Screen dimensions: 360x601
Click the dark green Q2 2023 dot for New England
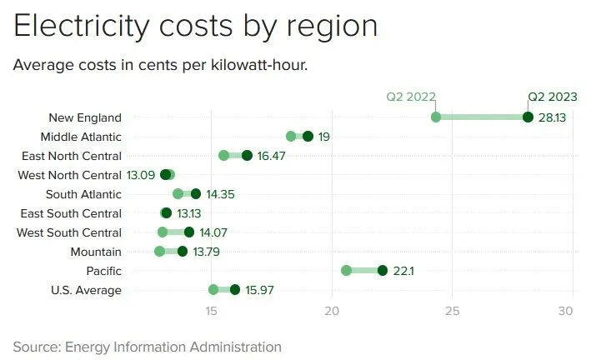pos(528,117)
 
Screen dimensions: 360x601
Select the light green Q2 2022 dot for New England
pos(436,117)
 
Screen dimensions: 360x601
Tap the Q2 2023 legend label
pos(553,97)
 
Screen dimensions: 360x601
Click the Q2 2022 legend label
pos(411,97)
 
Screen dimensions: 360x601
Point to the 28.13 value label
pos(552,117)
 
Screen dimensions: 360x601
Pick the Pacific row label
pos(103,271)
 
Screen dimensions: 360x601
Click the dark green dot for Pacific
pos(383,270)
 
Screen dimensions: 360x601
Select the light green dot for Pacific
pos(347,270)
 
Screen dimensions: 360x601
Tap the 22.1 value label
pos(404,271)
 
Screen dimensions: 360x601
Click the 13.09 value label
pos(141,175)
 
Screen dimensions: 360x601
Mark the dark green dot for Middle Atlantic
pos(308,136)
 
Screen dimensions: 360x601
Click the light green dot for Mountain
pos(160,251)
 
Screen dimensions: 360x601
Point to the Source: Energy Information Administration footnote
pos(148,346)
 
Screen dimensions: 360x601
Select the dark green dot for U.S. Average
pos(235,289)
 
